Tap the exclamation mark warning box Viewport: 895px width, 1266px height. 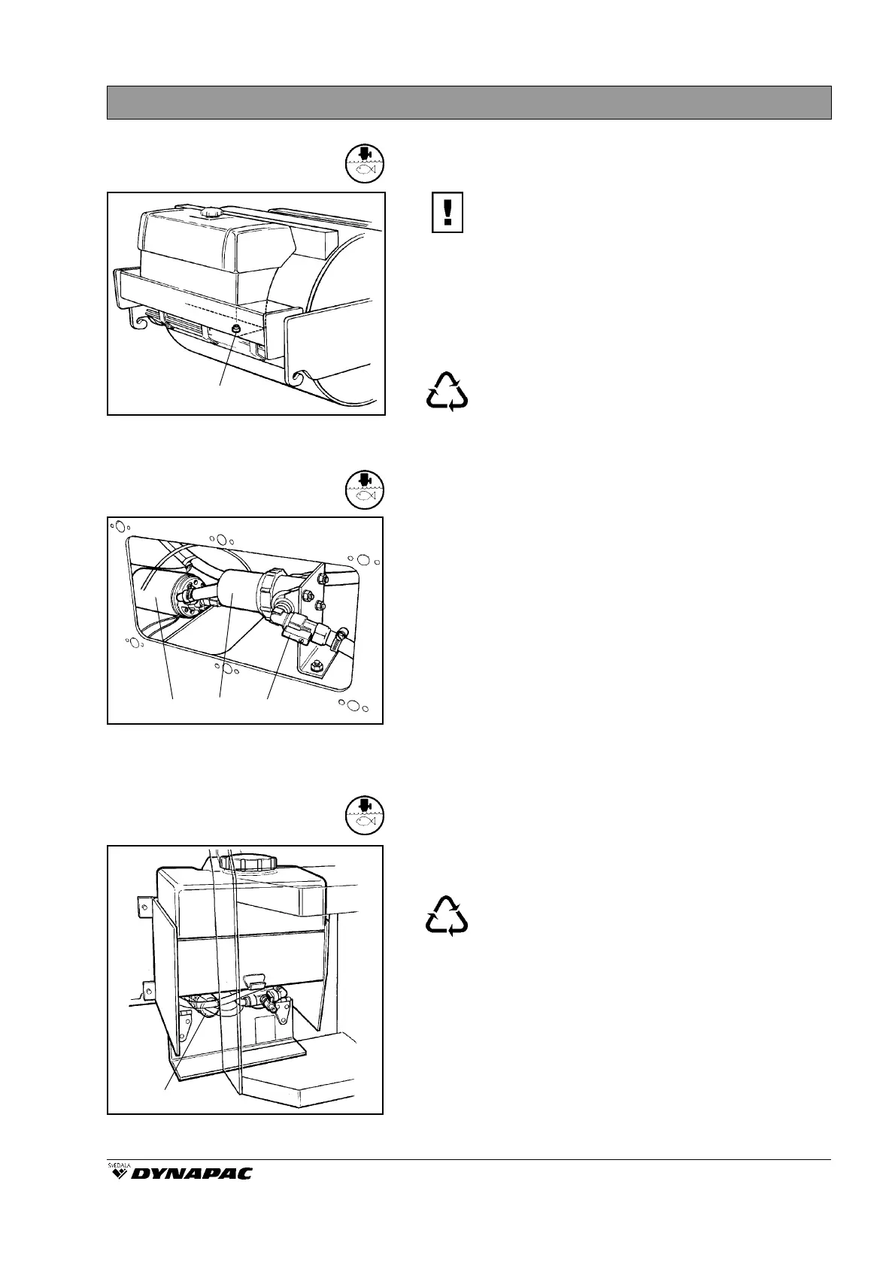[x=447, y=213]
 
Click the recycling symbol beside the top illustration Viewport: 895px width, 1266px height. [x=447, y=391]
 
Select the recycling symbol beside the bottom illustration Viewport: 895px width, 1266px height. [x=447, y=915]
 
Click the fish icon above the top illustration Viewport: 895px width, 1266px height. [x=365, y=163]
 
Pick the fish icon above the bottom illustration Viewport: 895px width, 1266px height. [x=365, y=816]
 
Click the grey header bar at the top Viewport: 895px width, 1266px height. [x=469, y=102]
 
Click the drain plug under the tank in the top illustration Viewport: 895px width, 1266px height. [x=236, y=330]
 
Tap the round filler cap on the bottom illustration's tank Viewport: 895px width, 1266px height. [x=248, y=861]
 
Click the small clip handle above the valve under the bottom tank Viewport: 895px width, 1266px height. [x=255, y=980]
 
